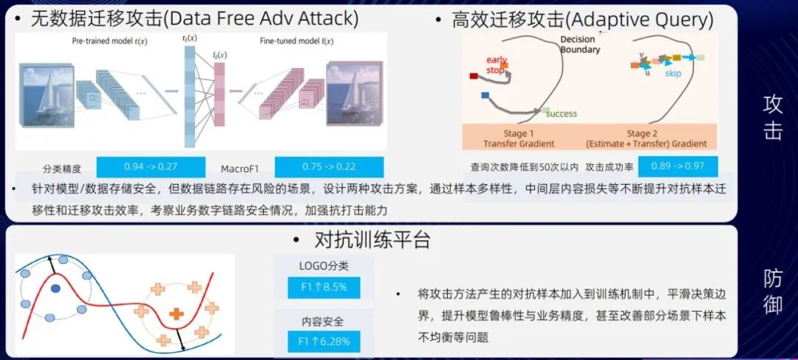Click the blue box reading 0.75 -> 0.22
[x=329, y=167]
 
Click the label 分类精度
[x=62, y=169]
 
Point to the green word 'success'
[x=561, y=114]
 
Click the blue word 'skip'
[x=672, y=73]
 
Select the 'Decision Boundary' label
[x=580, y=44]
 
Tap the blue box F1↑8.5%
[x=324, y=287]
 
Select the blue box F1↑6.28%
[x=324, y=341]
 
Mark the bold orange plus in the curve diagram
[x=176, y=313]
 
